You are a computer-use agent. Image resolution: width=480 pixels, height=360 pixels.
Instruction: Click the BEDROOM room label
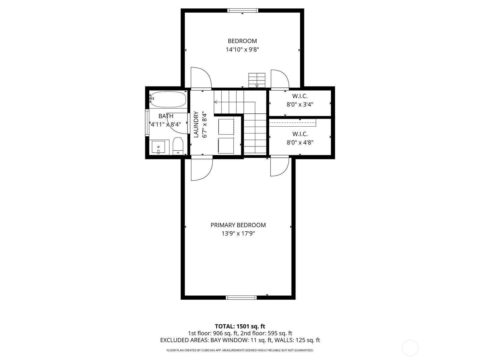click(x=242, y=41)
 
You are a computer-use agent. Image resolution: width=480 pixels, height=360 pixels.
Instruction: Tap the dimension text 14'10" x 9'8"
click(x=242, y=50)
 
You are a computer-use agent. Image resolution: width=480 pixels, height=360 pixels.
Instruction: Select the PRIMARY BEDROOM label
click(x=238, y=225)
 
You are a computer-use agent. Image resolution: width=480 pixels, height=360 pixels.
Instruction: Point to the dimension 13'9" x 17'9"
click(x=238, y=234)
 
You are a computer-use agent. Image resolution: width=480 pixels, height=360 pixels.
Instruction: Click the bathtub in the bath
click(x=168, y=99)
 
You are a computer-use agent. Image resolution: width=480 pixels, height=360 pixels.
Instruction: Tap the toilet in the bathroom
click(x=178, y=146)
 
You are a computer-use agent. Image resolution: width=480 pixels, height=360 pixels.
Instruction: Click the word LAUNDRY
click(x=196, y=124)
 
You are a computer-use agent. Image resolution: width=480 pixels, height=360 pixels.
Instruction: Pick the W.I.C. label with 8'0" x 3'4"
click(x=300, y=96)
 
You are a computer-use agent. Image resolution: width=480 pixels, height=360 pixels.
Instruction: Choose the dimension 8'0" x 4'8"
click(x=300, y=143)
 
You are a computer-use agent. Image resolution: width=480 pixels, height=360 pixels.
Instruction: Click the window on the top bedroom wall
click(x=242, y=10)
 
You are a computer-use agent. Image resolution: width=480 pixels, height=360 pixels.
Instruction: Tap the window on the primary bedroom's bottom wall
click(x=241, y=298)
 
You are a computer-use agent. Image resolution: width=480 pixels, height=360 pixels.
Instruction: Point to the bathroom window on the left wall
click(x=147, y=122)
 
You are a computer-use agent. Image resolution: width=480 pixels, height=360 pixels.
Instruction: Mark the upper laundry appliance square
click(x=226, y=127)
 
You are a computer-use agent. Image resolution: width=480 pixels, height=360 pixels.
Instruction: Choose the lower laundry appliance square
click(x=226, y=145)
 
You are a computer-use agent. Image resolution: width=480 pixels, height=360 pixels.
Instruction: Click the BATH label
click(x=166, y=116)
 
